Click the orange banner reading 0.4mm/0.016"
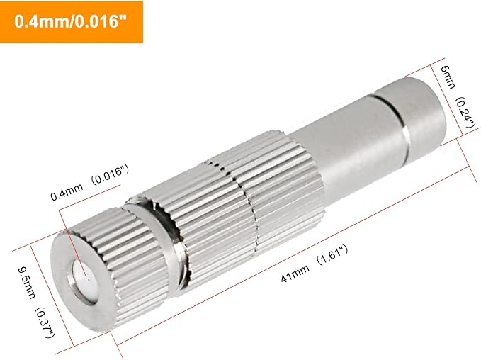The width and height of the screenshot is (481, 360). coord(72,22)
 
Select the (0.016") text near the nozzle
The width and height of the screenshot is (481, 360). coord(107,173)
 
